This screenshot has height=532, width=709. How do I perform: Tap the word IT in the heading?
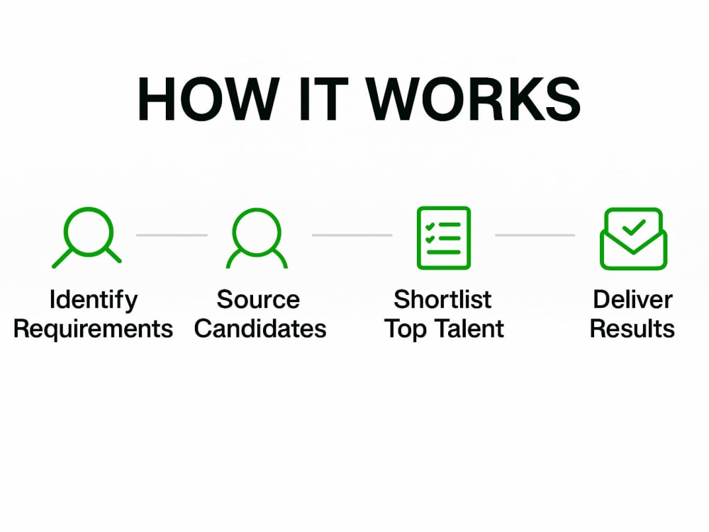coord(323,99)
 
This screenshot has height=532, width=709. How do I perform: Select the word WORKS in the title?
coord(473,99)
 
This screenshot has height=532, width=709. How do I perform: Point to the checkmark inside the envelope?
coord(634,227)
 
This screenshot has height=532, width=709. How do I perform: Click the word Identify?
coord(93,300)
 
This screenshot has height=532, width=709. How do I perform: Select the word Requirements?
coord(93,329)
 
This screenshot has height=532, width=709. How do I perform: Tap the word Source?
coord(258,299)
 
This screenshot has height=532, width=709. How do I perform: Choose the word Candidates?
coord(260,328)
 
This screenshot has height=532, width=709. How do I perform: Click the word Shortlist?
coord(442,299)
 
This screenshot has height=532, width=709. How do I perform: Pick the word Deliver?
coord(632,299)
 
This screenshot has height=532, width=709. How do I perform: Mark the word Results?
coord(632,328)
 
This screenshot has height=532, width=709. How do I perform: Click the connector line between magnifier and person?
coord(172,235)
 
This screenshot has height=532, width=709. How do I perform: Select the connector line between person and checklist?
coord(352,235)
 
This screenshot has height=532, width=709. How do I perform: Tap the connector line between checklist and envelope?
coord(535,235)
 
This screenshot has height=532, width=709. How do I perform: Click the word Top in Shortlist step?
coord(406,329)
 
